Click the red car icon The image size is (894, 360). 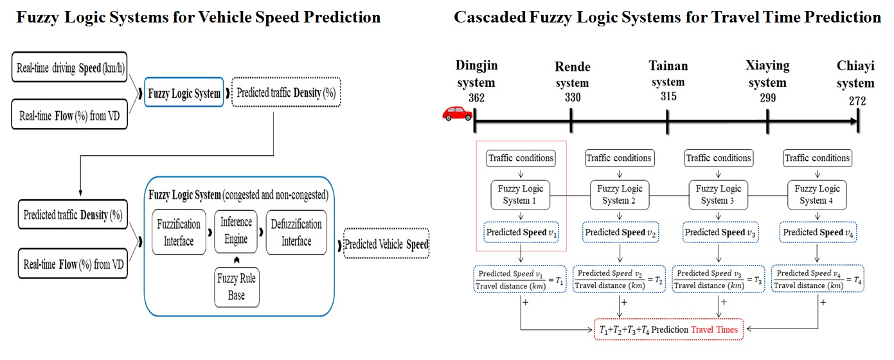point(458,114)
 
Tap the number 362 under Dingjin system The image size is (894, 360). point(477,98)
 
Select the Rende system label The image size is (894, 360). point(572,75)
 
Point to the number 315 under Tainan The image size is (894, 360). point(669,96)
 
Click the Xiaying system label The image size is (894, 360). point(767,74)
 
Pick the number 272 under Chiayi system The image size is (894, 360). point(857,101)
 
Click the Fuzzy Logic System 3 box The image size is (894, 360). point(719,194)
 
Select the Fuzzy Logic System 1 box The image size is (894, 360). point(521,194)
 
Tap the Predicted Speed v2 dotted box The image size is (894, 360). point(620,232)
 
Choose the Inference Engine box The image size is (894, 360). point(236,231)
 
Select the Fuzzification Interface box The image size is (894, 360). point(179,232)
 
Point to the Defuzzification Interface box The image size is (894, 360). point(296,232)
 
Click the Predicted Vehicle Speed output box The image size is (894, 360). point(386,245)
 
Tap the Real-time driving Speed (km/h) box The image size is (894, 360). point(69,67)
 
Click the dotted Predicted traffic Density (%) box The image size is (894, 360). point(286,93)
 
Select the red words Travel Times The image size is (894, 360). point(715,330)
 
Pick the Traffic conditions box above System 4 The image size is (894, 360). point(817,157)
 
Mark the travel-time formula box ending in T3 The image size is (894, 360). point(719,279)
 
